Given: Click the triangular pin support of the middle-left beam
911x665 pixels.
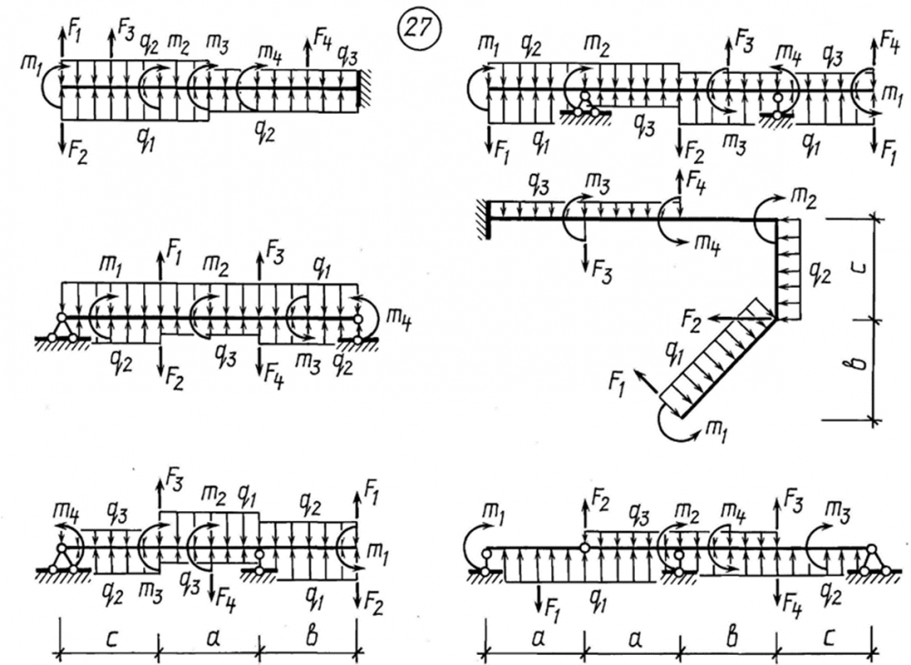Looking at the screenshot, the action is (62, 330).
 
